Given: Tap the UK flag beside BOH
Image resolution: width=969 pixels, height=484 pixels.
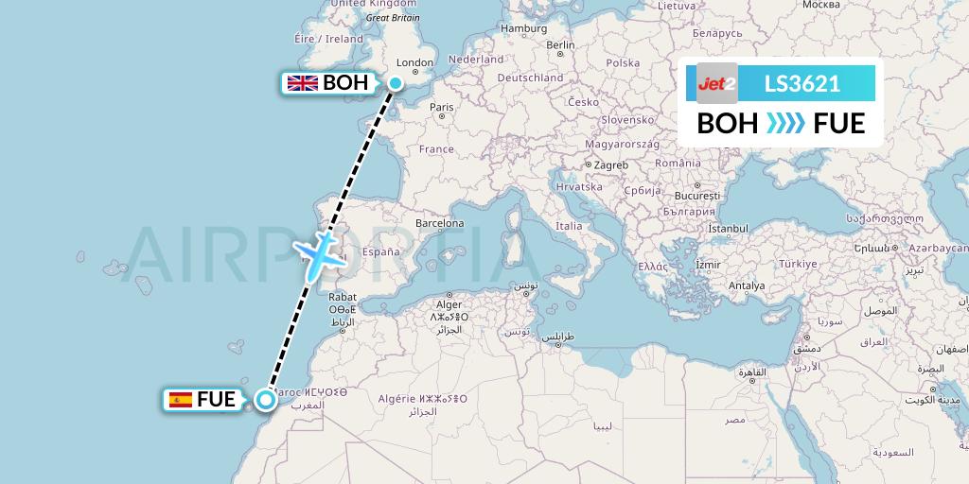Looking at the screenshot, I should [303, 83].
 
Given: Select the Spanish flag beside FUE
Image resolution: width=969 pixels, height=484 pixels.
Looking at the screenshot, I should [180, 400].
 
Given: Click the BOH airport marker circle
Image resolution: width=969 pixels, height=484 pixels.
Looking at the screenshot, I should [395, 83].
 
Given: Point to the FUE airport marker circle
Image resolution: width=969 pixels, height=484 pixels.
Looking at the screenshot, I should [266, 400].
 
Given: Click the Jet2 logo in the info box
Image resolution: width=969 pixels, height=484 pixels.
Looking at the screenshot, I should [716, 84].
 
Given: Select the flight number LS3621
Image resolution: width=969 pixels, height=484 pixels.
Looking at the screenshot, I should [802, 84].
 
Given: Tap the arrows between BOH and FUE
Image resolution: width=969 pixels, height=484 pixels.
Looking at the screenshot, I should [785, 124].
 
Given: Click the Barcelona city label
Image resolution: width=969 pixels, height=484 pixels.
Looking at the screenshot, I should [438, 224].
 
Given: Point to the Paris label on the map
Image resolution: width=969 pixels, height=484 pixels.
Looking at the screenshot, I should [442, 107].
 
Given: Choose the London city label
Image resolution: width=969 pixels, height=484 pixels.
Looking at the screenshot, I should [414, 63].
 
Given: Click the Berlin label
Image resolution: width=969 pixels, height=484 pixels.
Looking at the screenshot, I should [560, 44].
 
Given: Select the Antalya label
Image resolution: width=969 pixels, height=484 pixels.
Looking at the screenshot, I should [747, 285].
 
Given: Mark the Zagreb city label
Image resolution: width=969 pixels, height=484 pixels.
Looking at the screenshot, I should [610, 164].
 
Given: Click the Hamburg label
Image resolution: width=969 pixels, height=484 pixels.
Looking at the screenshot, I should [524, 28].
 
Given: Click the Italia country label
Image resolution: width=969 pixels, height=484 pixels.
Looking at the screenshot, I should [569, 226].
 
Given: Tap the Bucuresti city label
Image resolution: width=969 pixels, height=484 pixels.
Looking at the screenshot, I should [698, 196].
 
